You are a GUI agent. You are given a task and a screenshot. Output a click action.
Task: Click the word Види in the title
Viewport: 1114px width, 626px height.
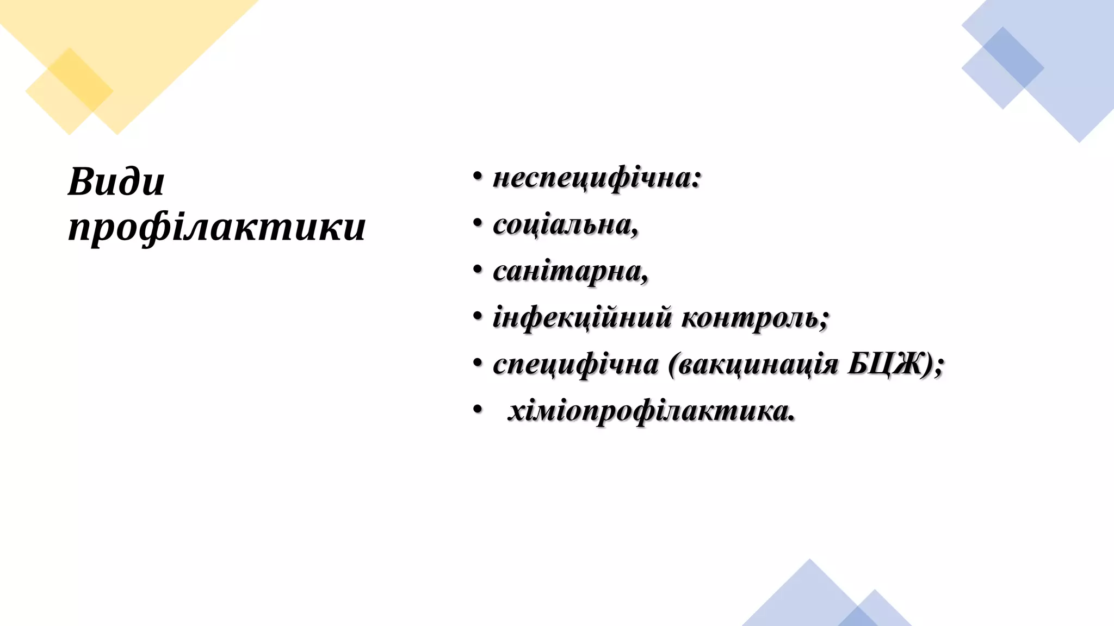116,181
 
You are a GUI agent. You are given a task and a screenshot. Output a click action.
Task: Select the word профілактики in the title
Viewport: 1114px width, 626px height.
216,227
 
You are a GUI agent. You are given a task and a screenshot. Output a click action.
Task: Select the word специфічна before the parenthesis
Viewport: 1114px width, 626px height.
575,364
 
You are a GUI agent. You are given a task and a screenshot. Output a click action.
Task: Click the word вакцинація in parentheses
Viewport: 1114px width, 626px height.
757,364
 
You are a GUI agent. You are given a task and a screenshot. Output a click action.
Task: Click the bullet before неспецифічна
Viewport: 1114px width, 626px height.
478,176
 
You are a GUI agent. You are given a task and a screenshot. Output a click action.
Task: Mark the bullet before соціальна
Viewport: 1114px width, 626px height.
478,223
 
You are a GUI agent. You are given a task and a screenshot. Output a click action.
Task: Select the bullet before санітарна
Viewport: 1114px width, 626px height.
478,270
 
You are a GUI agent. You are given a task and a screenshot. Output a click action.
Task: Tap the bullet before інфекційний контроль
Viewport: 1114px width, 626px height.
478,316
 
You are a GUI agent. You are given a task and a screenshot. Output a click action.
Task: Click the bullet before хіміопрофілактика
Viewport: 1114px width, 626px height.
478,409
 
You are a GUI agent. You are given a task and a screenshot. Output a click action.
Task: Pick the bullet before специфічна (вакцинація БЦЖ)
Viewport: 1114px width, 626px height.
478,362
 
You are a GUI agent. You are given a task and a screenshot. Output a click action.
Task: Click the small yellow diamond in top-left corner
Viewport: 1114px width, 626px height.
69,91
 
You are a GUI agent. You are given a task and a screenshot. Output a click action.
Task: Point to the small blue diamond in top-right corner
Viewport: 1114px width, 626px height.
1002,68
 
